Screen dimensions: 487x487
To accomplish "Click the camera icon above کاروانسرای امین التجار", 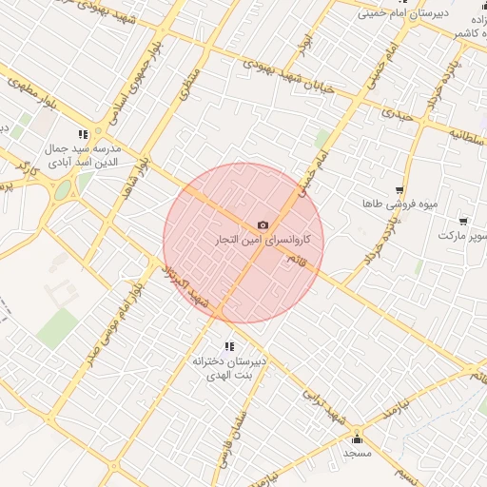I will tap(263, 225).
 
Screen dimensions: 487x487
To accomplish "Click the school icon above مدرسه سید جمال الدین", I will tap(84, 134).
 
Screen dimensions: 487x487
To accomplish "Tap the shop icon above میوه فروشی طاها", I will tap(400, 190).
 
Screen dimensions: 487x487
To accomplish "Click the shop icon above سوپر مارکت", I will tap(463, 221).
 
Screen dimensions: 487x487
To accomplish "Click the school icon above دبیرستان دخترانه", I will tap(227, 346).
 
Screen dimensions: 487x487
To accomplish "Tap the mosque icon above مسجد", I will tap(358, 438).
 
